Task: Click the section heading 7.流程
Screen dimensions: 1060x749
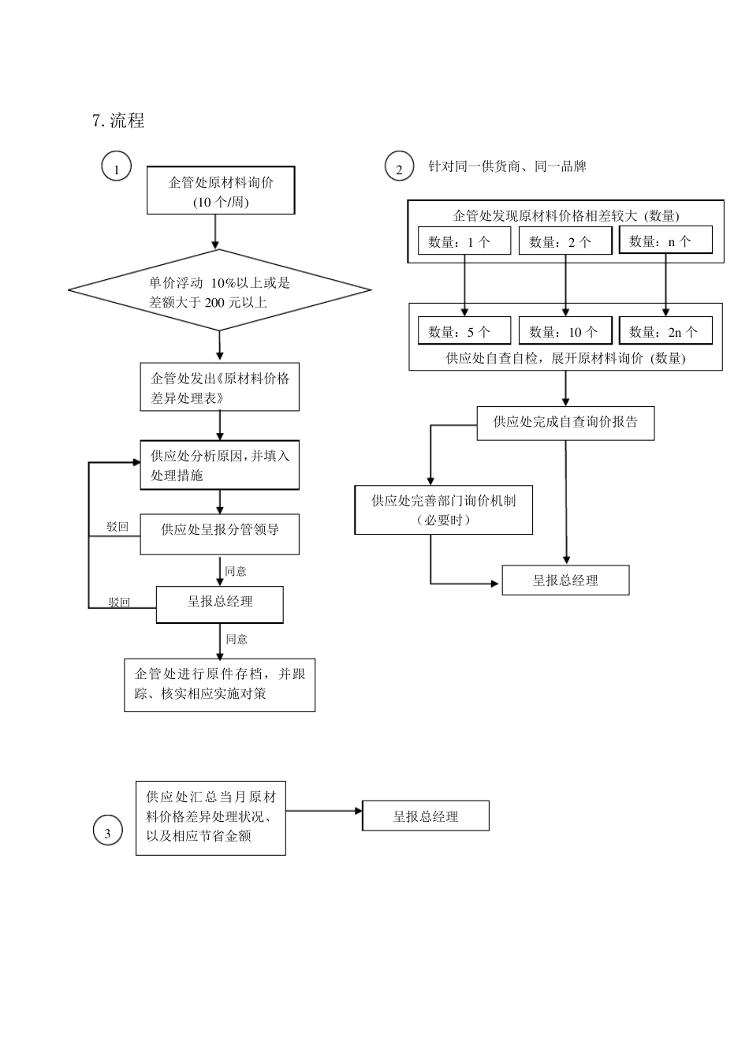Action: [118, 121]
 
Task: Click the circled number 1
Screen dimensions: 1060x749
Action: [117, 167]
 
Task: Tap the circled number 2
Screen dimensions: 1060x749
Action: [399, 167]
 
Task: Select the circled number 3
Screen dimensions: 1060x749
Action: [108, 832]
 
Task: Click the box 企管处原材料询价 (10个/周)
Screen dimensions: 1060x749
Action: [221, 191]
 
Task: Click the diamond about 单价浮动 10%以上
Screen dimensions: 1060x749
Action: [220, 291]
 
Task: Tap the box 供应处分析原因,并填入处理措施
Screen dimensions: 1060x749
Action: [220, 465]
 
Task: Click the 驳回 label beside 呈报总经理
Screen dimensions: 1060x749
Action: [119, 603]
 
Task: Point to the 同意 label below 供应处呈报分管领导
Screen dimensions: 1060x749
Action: [236, 571]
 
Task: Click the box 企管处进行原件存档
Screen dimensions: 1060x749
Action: [220, 685]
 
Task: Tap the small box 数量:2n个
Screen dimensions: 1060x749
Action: [665, 331]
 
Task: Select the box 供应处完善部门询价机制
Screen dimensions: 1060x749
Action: [444, 510]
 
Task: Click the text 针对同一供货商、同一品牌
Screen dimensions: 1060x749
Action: [507, 166]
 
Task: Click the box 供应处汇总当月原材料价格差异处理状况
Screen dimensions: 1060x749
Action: [211, 817]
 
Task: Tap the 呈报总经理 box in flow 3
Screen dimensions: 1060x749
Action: [426, 816]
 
